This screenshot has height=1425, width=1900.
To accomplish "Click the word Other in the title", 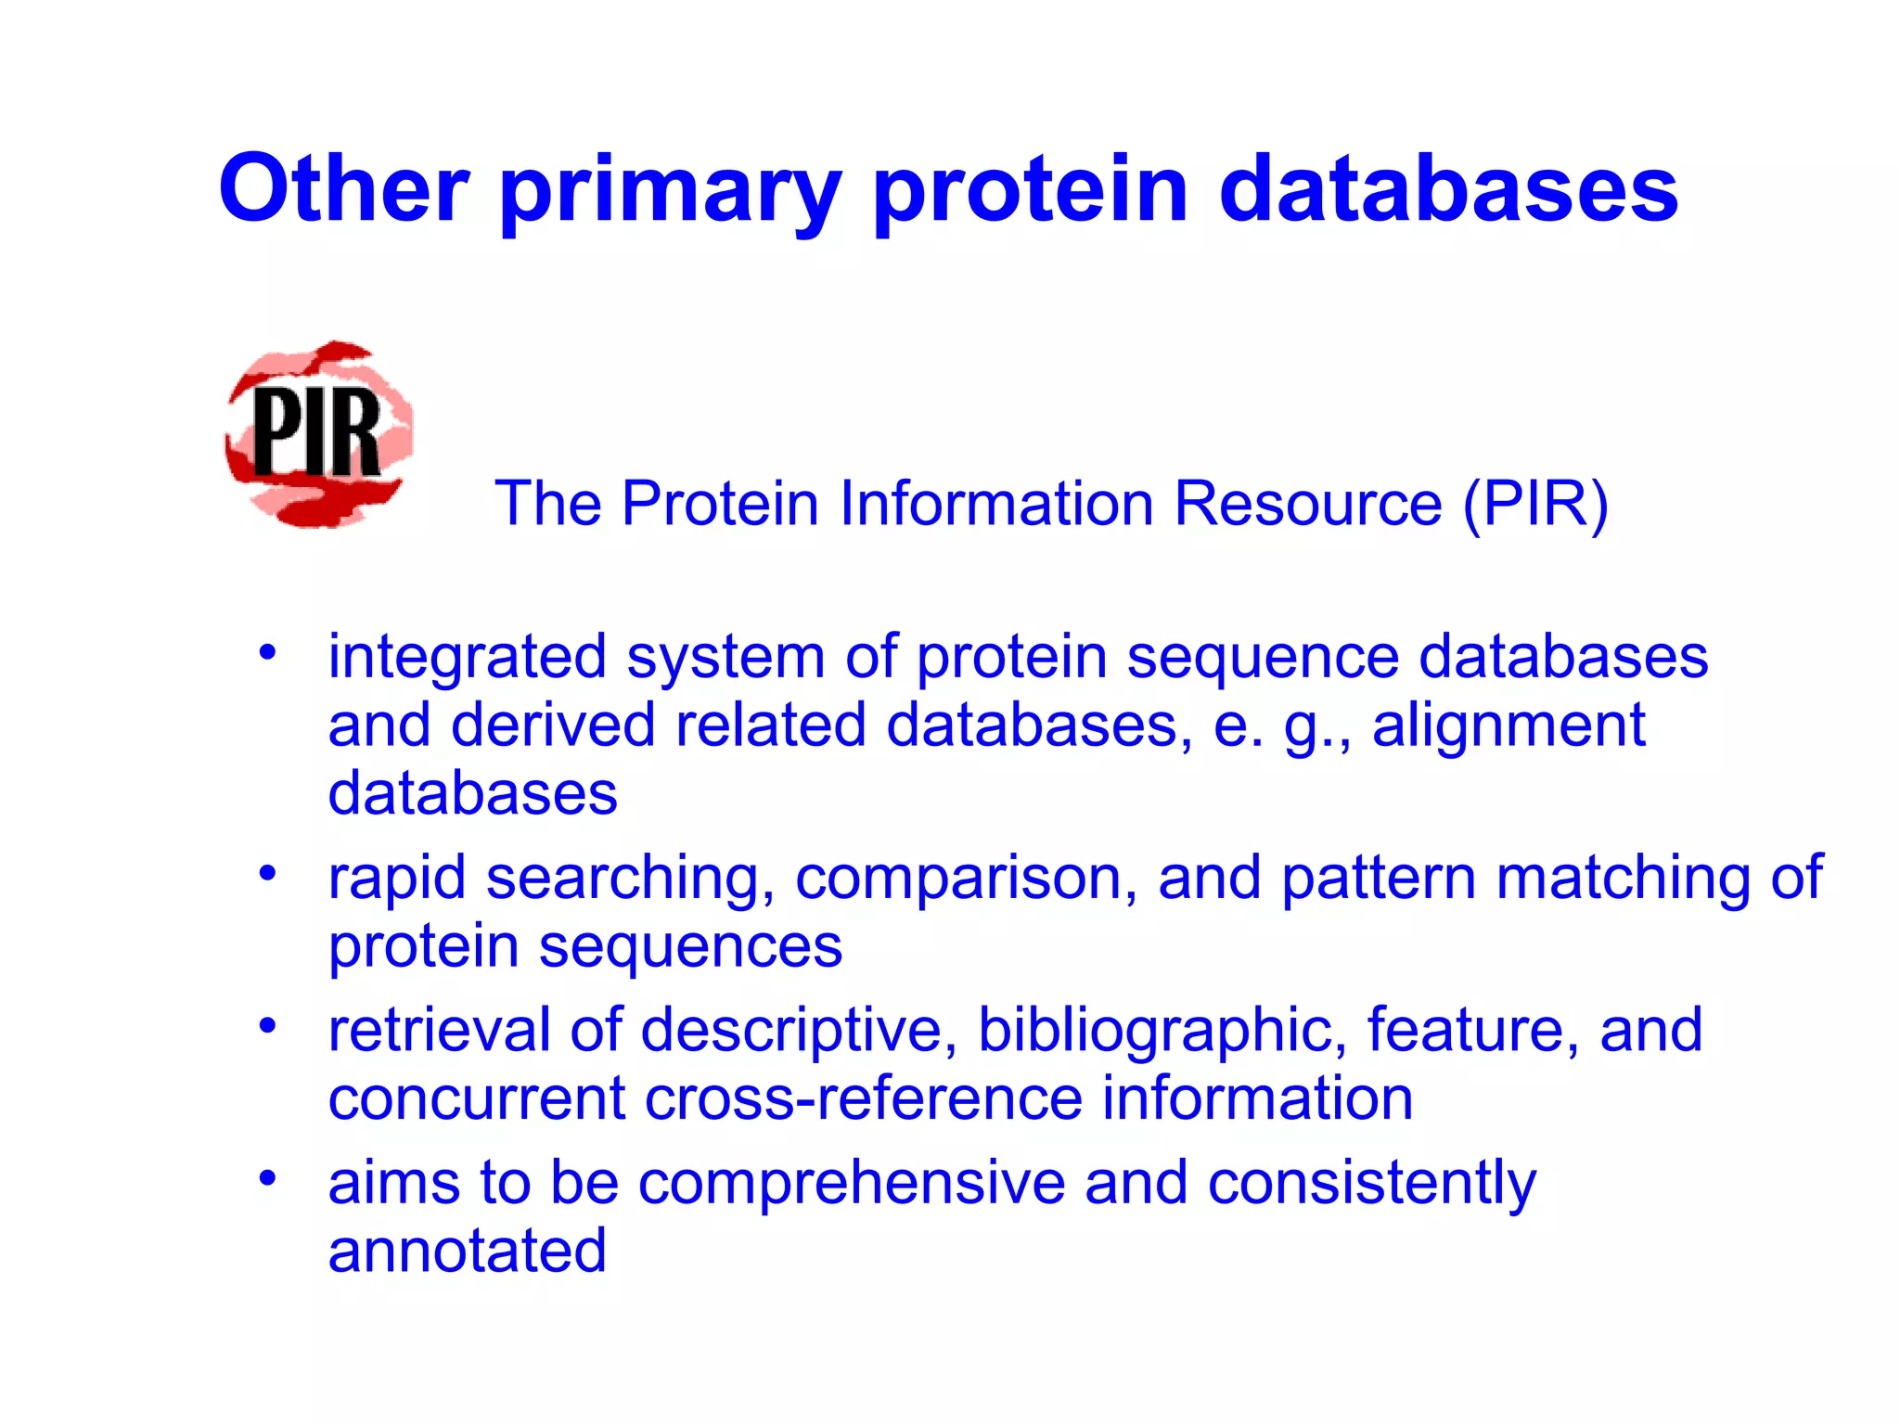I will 343,189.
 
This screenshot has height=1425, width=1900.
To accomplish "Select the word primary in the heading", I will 670,195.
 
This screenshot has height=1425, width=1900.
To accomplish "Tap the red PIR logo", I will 318,434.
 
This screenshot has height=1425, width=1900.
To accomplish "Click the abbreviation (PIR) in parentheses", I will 1535,504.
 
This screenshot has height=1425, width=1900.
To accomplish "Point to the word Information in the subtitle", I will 995,504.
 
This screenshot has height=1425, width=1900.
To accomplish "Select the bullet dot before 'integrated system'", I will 268,651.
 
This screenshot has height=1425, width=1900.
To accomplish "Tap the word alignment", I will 1508,725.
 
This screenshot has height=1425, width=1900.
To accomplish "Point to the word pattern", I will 1378,879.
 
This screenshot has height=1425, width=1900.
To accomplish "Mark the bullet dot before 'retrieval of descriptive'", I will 268,1025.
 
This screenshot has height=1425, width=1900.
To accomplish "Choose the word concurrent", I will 477,1098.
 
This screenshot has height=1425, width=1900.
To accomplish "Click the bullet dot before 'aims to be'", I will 268,1178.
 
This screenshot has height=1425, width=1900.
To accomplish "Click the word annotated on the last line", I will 467,1251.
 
